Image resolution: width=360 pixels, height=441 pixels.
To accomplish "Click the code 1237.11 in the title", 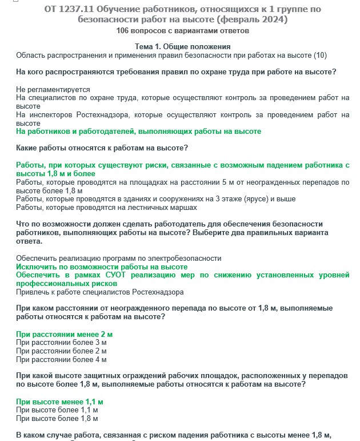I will pyautogui.click(x=78, y=9).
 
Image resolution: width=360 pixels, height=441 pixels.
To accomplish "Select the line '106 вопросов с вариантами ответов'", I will pyautogui.click(x=182, y=30).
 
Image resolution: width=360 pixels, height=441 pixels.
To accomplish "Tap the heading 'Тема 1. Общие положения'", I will pyautogui.click(x=182, y=46).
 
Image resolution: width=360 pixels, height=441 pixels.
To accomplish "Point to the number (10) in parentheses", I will pyautogui.click(x=322, y=55).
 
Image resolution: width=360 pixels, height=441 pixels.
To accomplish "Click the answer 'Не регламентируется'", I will pyautogui.click(x=53, y=90).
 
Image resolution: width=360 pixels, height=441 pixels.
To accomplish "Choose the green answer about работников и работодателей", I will pyautogui.click(x=138, y=132).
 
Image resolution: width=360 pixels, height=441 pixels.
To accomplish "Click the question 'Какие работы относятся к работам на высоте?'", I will pyautogui.click(x=102, y=148).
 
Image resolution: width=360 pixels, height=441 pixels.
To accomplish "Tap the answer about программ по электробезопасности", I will pyautogui.click(x=118, y=259).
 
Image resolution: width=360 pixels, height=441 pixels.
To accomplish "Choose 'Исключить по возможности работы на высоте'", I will pyautogui.click(x=102, y=267).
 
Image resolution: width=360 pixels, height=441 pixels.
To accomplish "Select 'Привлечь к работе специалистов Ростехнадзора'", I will pyautogui.click(x=100, y=292).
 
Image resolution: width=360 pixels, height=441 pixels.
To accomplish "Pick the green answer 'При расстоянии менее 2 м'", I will pyautogui.click(x=64, y=334).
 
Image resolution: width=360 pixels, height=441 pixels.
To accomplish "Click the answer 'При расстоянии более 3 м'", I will pyautogui.click(x=61, y=343).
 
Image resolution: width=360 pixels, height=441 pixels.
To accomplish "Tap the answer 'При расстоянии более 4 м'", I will pyautogui.click(x=61, y=360).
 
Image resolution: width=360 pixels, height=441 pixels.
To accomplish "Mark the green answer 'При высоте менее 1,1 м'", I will pyautogui.click(x=59, y=402).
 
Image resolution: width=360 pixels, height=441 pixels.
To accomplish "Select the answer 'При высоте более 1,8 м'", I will pyautogui.click(x=57, y=419).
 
